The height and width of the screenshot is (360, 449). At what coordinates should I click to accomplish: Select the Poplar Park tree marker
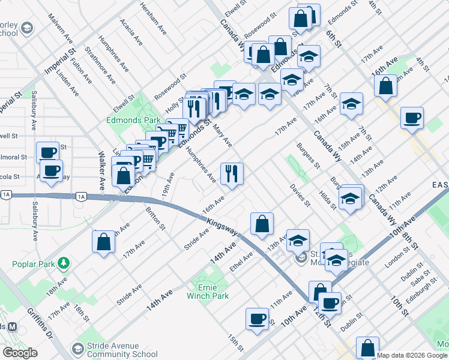click(x=63, y=263)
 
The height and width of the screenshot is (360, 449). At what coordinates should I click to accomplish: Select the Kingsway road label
click(x=221, y=226)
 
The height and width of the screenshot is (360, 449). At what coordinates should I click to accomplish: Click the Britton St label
click(x=155, y=218)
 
